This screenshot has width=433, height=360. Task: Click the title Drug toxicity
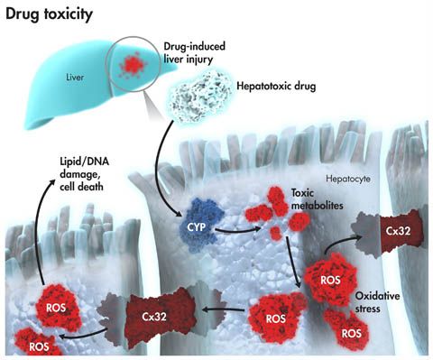pyautogui.click(x=49, y=14)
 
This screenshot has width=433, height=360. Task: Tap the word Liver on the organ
pyautogui.click(x=75, y=78)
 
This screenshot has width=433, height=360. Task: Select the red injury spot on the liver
pyautogui.click(x=132, y=64)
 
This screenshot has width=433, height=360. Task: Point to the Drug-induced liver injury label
pyautogui.click(x=194, y=52)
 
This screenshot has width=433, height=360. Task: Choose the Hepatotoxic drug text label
pyautogui.click(x=276, y=87)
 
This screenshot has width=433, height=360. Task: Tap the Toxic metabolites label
pyautogui.click(x=317, y=198)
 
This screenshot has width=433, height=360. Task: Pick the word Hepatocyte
pyautogui.click(x=348, y=179)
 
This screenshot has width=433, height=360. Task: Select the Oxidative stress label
pyautogui.click(x=377, y=302)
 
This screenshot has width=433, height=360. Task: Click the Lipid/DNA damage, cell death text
pyautogui.click(x=84, y=174)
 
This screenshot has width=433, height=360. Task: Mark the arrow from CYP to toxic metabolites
pyautogui.click(x=237, y=231)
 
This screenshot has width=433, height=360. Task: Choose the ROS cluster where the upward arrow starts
pyautogui.click(x=57, y=307)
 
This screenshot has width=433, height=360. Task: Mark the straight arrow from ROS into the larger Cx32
pyautogui.click(x=224, y=309)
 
